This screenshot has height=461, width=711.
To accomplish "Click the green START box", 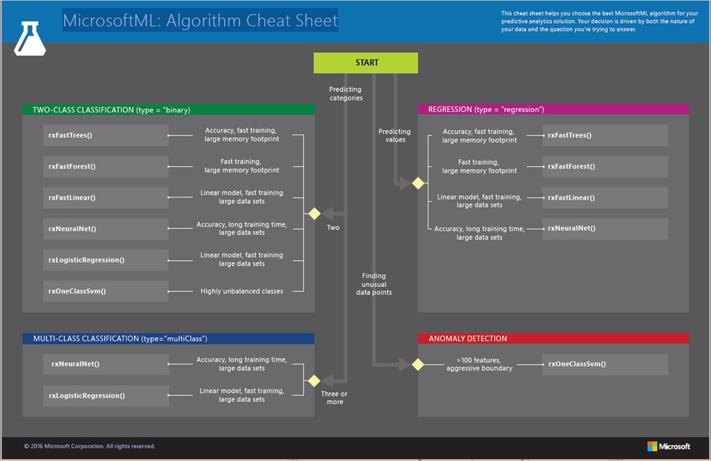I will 366,63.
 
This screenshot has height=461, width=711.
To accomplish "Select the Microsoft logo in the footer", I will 668,446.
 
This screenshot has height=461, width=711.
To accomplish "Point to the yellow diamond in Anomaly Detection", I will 418,364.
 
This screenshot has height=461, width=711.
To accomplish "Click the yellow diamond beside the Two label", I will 314,213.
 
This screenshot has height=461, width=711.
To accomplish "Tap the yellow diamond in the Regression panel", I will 418,184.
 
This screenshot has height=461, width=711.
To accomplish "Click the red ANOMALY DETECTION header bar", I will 553,339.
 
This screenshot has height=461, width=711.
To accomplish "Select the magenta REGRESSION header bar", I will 553,109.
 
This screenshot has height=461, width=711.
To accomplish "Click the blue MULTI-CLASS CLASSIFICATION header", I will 168,339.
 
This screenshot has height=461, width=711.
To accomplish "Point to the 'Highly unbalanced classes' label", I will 242,291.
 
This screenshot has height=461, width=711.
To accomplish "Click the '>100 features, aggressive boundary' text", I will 479,364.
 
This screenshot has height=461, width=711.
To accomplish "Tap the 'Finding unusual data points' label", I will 374,284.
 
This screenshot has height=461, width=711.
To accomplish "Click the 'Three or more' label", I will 335,398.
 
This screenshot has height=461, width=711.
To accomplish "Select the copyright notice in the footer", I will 90,446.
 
